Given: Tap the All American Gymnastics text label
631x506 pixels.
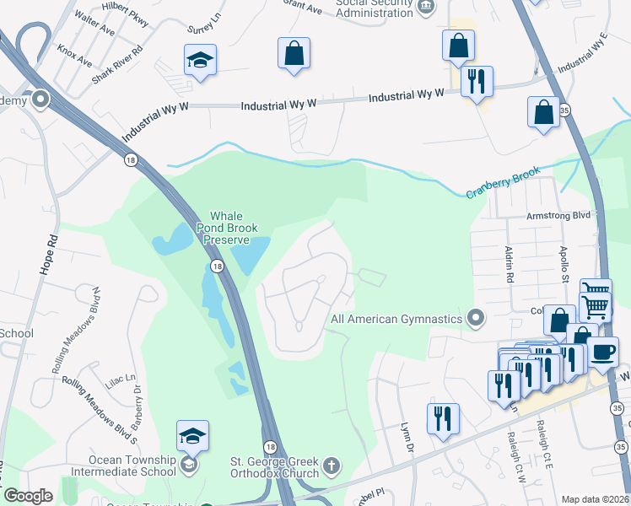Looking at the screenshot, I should [396, 320].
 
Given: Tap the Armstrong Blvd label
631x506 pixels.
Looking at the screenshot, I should [558, 216].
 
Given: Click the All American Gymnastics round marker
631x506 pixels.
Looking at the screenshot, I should [477, 319].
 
